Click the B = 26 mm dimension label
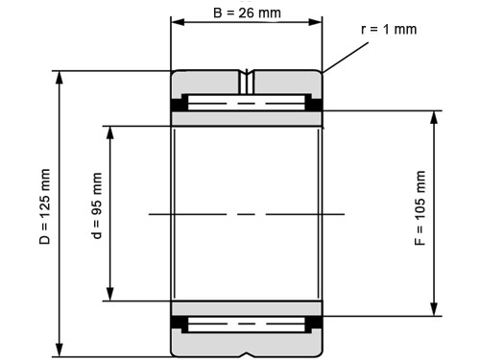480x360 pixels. pos(247,13)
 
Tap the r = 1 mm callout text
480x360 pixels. pos(389,30)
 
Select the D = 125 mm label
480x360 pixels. pos(45,206)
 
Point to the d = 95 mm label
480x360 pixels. pos(97,205)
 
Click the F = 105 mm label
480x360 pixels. pos(420,208)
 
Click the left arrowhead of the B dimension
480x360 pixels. pos(178,22)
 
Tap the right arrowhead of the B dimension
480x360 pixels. pos(316,22)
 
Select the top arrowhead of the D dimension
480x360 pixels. pos(60,78)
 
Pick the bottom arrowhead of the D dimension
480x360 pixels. pos(60,349)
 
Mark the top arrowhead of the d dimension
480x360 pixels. pos(110,132)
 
